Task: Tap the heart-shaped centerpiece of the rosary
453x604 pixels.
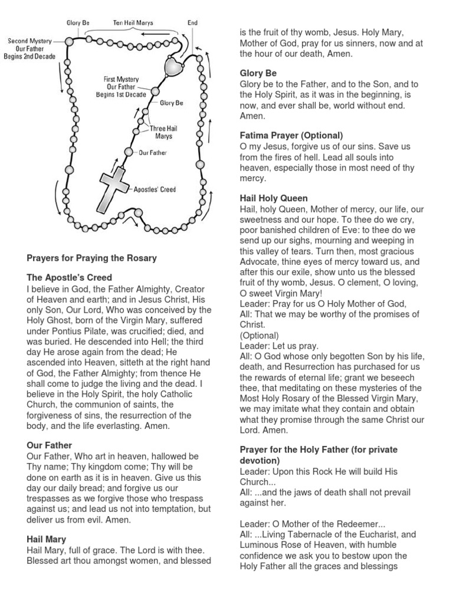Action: click(175, 67)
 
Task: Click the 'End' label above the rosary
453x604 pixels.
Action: click(192, 23)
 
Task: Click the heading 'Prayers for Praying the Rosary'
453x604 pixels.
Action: click(91, 258)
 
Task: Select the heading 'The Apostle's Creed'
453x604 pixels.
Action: click(69, 277)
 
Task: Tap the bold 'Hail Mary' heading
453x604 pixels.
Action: click(46, 539)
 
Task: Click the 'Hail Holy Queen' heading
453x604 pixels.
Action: click(273, 198)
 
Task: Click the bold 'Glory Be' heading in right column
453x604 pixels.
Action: click(258, 73)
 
